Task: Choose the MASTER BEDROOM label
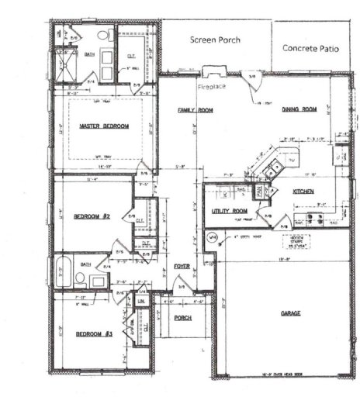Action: [x=104, y=126]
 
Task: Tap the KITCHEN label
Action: [x=303, y=190]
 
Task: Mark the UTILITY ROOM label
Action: [x=230, y=211]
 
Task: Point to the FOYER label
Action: [x=182, y=266]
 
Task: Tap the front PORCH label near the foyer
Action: [x=182, y=318]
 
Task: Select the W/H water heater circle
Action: [x=211, y=237]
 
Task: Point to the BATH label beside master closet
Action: [x=90, y=54]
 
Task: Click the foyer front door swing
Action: [x=182, y=288]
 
